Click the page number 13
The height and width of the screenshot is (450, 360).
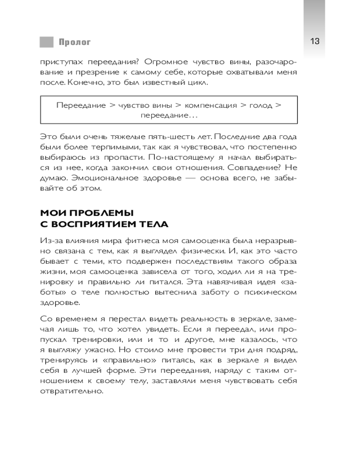(x=315, y=41)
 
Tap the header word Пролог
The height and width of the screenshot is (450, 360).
(x=74, y=42)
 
